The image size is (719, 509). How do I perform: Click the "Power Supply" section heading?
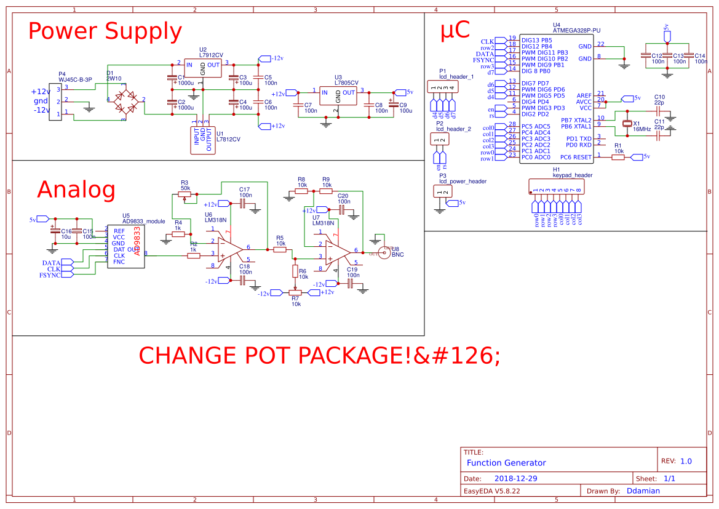105,31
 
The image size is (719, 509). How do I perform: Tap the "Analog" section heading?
76,190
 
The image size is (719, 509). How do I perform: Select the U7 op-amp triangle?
335,253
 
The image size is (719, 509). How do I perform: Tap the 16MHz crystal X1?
627,124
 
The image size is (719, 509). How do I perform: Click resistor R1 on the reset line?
618,157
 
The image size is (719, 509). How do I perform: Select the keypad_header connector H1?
556,188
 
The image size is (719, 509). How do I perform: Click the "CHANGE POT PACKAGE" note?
319,356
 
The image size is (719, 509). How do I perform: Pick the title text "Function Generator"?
506,463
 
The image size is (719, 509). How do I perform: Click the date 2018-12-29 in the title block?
516,478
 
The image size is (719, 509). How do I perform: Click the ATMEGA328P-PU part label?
576,30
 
